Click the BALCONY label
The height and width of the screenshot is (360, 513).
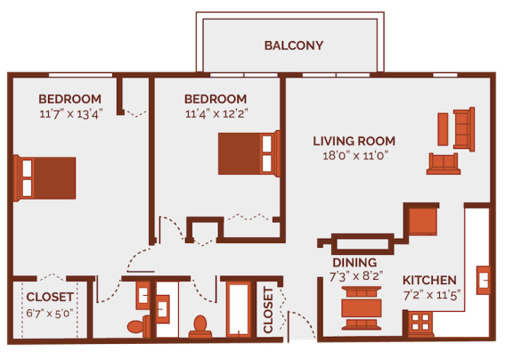pyautogui.click(x=293, y=45)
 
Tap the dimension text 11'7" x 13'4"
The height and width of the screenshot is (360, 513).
pyautogui.click(x=71, y=113)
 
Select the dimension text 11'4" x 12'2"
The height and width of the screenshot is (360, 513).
pyautogui.click(x=215, y=113)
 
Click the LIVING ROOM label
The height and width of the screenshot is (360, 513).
pyautogui.click(x=354, y=141)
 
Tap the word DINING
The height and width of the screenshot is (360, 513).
pyautogui.click(x=354, y=263)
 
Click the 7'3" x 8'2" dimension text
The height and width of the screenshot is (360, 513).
pyautogui.click(x=354, y=277)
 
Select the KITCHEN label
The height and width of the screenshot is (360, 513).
pyautogui.click(x=429, y=280)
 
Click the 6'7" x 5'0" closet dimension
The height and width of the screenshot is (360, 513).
pyautogui.click(x=50, y=313)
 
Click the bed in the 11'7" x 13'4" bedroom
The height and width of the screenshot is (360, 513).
pyautogui.click(x=46, y=176)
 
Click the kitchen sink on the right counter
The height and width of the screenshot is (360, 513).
pyautogui.click(x=484, y=280)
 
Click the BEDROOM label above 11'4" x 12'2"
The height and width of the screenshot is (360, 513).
pyautogui.click(x=215, y=98)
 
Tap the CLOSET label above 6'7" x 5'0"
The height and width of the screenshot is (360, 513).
pyautogui.click(x=50, y=298)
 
